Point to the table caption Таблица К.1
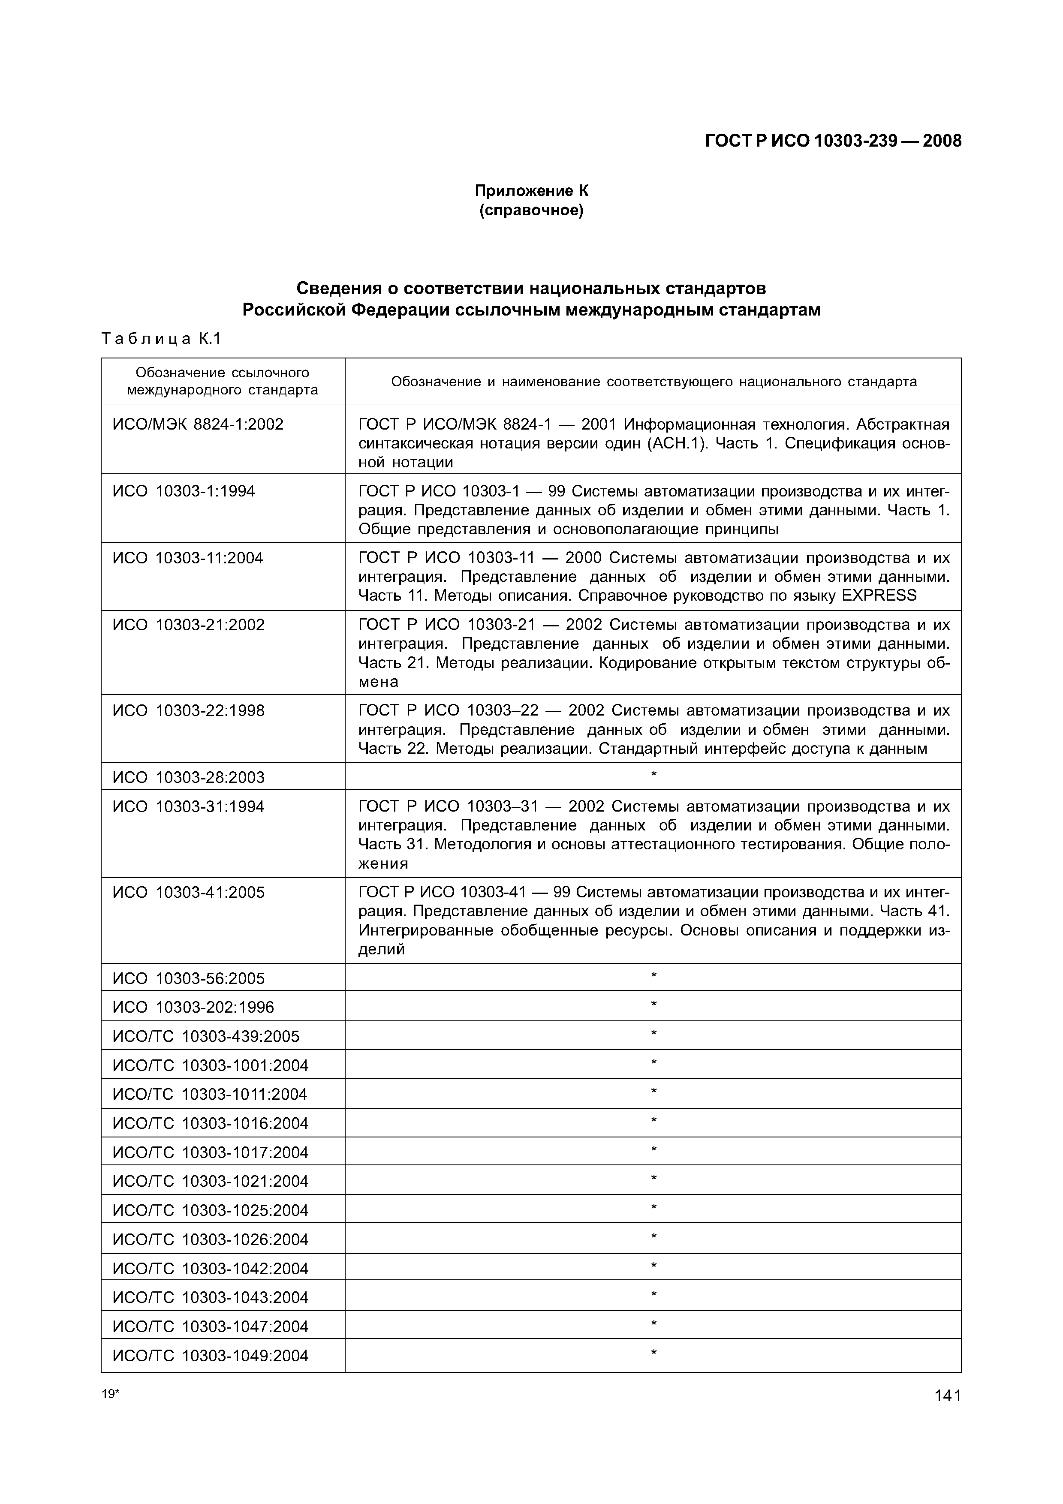pos(162,339)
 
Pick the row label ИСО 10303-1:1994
pos(184,491)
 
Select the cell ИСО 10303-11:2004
pos(187,558)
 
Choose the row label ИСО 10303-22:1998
pos(189,711)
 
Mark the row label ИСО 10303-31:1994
pos(189,806)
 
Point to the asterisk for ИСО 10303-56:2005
pos(653,977)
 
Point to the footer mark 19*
pos(111,1394)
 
